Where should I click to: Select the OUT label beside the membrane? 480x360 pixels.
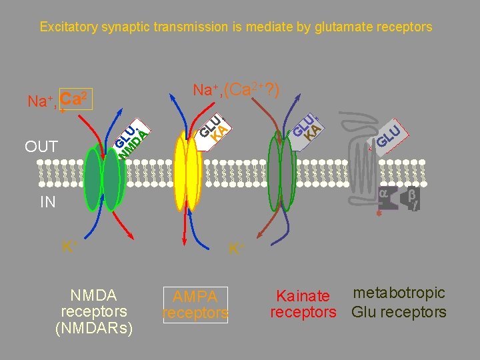41,146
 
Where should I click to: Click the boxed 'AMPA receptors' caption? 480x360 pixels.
195,305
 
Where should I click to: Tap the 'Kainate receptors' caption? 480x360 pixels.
303,304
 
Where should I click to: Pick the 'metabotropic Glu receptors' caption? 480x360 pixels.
399,303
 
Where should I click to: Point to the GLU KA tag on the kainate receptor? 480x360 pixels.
307,126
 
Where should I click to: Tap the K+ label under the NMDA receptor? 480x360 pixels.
67,246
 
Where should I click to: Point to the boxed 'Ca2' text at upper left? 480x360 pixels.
75,99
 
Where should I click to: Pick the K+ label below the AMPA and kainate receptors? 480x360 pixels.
235,249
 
